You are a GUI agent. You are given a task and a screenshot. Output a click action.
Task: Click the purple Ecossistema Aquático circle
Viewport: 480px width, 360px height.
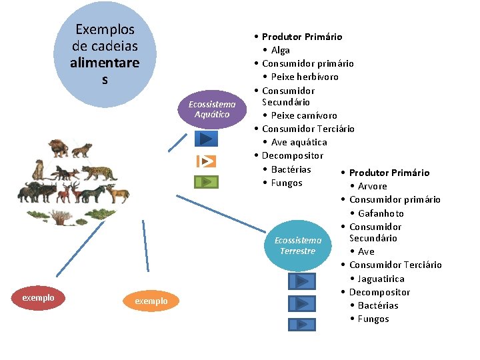212,109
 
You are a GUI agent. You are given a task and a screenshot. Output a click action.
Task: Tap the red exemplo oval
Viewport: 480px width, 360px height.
38,297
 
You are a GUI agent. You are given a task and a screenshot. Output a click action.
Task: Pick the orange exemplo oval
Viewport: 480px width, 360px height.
151,301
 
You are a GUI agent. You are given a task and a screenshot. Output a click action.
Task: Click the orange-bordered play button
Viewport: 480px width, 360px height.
207,161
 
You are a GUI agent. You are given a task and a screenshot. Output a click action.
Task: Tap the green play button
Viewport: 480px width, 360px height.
206,181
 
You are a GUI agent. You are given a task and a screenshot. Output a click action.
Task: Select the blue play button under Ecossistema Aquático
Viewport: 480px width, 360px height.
206,139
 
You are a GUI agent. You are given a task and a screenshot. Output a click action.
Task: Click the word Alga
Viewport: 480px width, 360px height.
281,50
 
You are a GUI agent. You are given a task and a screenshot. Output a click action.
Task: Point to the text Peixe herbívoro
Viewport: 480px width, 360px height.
305,77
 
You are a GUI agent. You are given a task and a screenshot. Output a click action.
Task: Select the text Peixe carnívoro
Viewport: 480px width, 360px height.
304,115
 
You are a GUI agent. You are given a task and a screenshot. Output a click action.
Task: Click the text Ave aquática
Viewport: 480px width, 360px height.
299,142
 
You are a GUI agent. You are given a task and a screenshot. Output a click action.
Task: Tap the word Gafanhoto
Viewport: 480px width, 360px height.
381,213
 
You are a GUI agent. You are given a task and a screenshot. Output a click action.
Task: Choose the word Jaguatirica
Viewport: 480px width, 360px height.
381,279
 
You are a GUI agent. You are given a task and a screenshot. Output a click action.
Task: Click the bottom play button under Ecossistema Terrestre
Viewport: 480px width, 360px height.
302,325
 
